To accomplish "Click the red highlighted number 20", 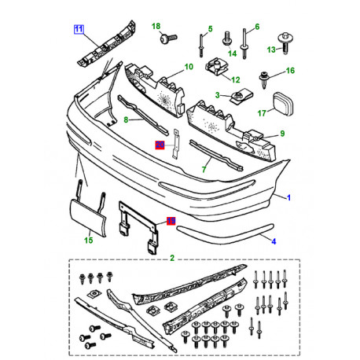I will (x=160, y=145).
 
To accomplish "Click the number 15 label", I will (x=89, y=239).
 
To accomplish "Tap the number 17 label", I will (x=262, y=112).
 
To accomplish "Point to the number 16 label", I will (x=289, y=70).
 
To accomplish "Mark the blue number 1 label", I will (x=288, y=197).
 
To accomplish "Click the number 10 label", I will (x=189, y=68).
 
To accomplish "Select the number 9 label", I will (x=281, y=134).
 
